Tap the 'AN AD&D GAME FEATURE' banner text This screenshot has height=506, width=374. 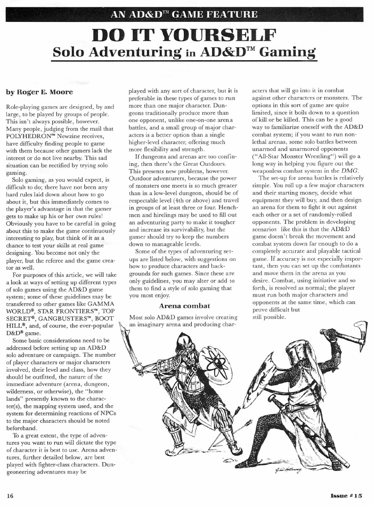(x=187, y=14)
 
